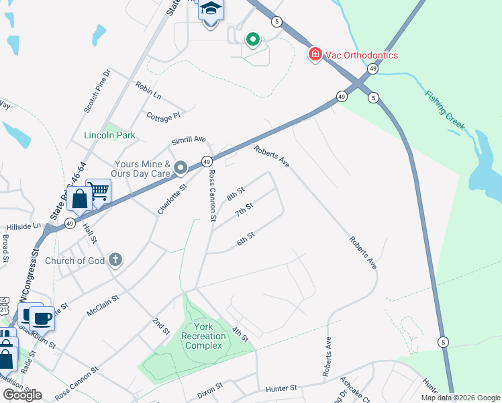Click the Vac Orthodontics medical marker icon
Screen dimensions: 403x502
coord(315,54)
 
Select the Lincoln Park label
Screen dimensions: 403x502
coord(109,135)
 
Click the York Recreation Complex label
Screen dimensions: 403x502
coord(203,336)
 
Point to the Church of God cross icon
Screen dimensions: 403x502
coord(115,260)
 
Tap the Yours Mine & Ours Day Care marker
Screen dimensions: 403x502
coord(180,167)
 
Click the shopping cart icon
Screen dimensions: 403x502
coord(99,191)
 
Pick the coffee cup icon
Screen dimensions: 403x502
coord(42,318)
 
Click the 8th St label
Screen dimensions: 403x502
coord(236,194)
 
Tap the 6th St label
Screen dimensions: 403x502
coord(246,238)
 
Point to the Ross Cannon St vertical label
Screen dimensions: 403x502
coord(212,195)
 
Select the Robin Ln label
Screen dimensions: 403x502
coord(148,88)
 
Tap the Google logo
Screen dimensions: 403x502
coord(22,395)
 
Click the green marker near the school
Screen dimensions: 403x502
coord(252,40)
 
